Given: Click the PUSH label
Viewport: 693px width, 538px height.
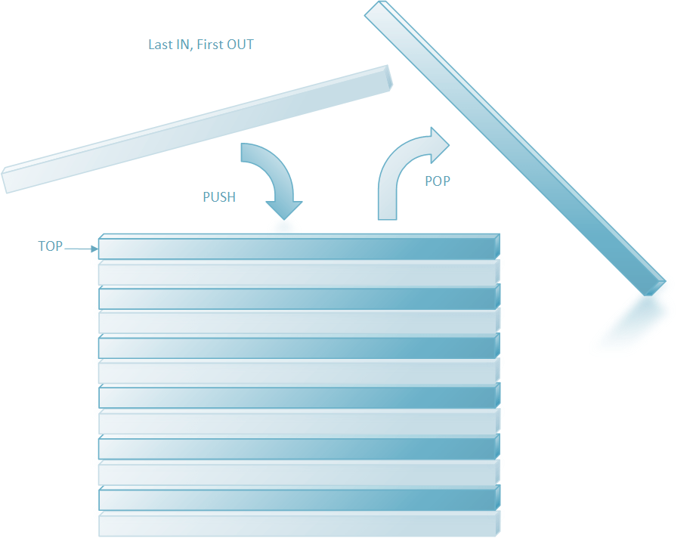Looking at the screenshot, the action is pos(219,197).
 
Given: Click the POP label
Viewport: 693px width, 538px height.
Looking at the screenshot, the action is pos(438,181).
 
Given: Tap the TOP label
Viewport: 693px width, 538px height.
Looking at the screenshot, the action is pos(51,246).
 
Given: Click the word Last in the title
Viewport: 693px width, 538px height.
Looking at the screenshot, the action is pos(160,45).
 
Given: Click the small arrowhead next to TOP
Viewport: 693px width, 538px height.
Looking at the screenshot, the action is pos(94,248).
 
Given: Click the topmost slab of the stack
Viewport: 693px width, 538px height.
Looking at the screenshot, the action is pos(299,247).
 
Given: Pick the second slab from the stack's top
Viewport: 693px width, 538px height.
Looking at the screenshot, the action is pos(299,273).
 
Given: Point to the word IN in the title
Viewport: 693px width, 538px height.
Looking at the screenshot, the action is pos(181,45).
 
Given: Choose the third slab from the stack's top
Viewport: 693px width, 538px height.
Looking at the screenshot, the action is pos(299,298).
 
